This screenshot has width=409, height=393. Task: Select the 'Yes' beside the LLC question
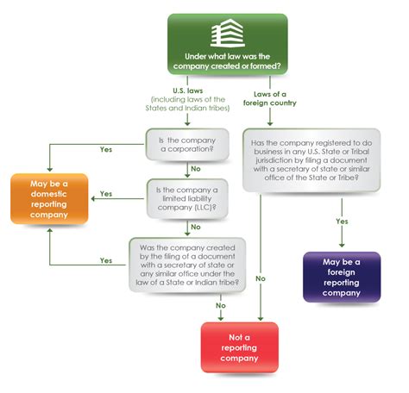coord(106,194)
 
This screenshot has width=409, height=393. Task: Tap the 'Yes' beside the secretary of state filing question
coord(106,259)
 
